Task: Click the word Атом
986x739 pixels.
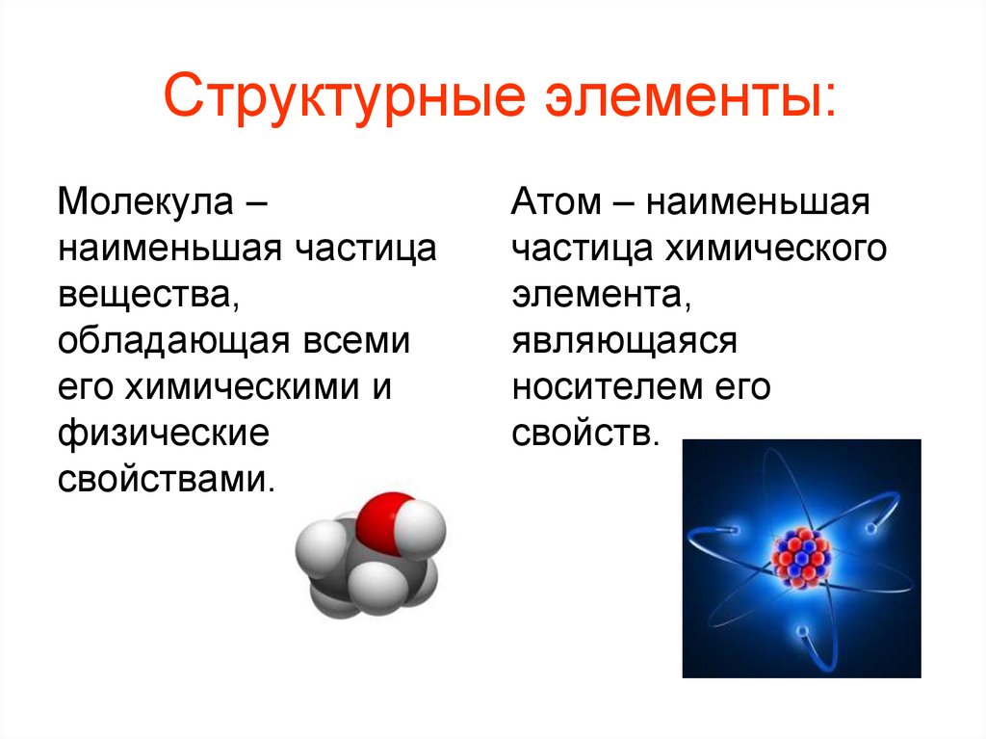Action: point(558,203)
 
